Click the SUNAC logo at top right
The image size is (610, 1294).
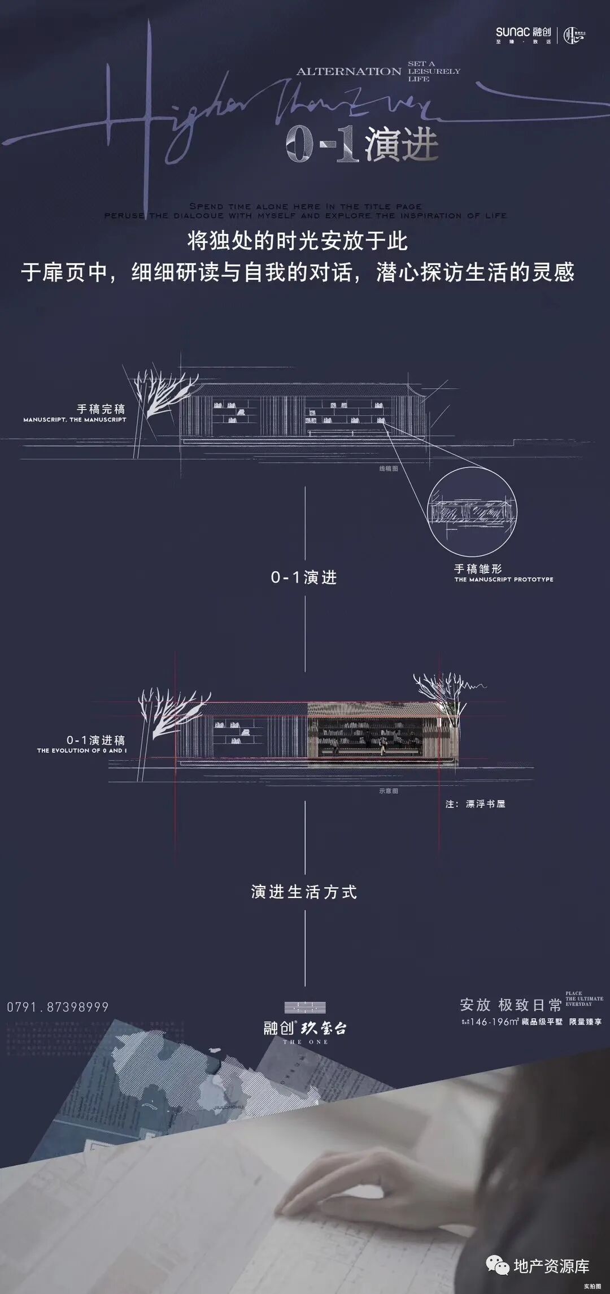(x=523, y=33)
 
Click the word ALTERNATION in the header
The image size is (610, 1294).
(x=348, y=72)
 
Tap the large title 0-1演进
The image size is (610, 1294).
(x=361, y=145)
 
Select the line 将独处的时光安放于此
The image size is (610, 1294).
(x=298, y=241)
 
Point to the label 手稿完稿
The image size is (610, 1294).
(x=101, y=409)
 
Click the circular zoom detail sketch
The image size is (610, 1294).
(x=472, y=512)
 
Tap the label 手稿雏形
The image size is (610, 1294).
(x=478, y=568)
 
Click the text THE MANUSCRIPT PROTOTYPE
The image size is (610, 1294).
(x=504, y=579)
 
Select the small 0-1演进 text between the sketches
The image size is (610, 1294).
(x=304, y=577)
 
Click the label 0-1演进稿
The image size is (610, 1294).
(x=96, y=740)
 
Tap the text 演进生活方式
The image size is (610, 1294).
(x=304, y=892)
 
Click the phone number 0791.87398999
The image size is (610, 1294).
(x=58, y=1006)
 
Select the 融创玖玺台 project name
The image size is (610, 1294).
(x=305, y=1028)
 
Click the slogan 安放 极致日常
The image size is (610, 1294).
(x=511, y=1005)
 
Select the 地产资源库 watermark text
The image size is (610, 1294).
(x=551, y=1266)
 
